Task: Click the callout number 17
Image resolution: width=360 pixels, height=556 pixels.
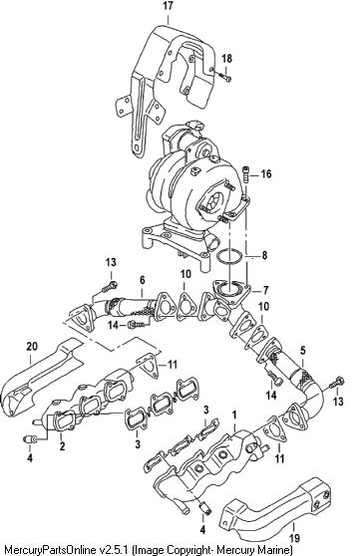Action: tap(168, 6)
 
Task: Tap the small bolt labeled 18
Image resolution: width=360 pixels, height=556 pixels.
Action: tap(223, 77)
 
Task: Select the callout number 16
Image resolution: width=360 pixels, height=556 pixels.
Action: tap(266, 173)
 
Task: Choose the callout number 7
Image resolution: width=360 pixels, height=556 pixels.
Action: tap(265, 291)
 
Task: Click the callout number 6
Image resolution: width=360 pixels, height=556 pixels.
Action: tap(143, 280)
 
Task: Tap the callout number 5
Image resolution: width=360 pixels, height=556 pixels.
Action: tap(302, 351)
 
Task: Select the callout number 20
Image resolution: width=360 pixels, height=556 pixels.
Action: tap(32, 347)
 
